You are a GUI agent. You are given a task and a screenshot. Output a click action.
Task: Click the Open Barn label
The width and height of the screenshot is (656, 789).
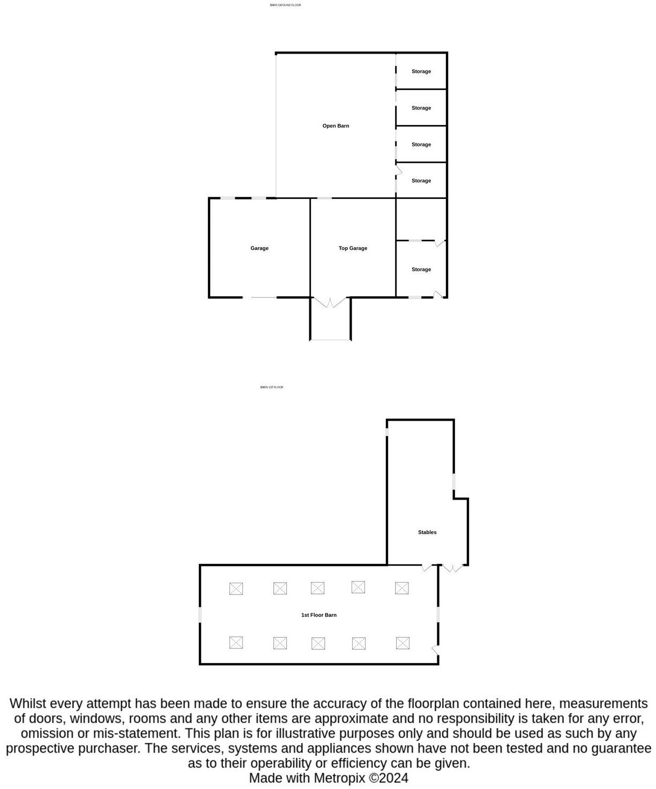336,126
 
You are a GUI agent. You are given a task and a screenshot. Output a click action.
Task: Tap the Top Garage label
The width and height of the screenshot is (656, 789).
353,248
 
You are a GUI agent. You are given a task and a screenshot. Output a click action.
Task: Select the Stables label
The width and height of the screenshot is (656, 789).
427,532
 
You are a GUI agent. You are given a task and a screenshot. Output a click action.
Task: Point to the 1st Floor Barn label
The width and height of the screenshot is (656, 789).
319,615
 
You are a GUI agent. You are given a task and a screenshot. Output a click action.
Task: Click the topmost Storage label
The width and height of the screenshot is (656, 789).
421,71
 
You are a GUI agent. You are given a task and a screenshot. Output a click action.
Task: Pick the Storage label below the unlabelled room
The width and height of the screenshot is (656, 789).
421,270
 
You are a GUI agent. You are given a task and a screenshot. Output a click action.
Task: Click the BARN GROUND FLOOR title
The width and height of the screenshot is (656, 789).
285,5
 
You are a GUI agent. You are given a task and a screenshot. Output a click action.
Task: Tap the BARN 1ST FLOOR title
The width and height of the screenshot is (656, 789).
272,387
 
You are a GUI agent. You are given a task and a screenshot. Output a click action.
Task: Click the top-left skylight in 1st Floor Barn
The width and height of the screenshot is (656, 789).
236,589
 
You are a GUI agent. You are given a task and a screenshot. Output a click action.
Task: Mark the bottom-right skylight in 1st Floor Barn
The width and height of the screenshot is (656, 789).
402,643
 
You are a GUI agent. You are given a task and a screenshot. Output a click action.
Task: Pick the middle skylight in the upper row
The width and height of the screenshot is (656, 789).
317,588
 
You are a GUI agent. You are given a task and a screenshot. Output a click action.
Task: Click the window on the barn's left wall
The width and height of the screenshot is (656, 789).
200,614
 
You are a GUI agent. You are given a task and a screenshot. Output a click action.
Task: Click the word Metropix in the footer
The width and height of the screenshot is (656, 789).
339,778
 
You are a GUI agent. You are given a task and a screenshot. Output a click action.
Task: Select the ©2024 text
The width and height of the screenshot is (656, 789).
389,778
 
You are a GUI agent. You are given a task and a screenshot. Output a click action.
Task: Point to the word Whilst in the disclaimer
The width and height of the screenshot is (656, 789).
28,703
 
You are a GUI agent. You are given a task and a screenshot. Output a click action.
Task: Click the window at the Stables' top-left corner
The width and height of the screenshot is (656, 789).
387,428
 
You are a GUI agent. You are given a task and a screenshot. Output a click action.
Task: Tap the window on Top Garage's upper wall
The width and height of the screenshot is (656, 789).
324,198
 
